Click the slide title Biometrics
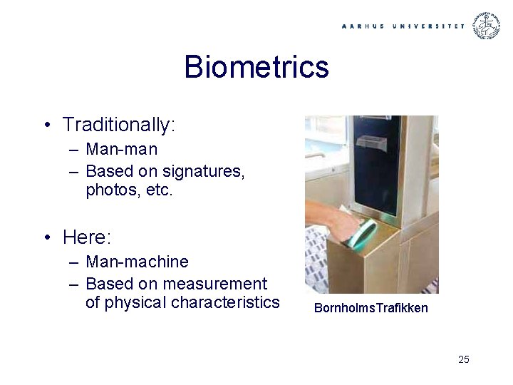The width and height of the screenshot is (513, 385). pyautogui.click(x=256, y=67)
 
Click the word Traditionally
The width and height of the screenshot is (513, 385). pyautogui.click(x=118, y=125)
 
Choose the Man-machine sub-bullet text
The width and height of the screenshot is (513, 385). pyautogui.click(x=137, y=262)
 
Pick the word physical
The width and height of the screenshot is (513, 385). pyautogui.click(x=139, y=302)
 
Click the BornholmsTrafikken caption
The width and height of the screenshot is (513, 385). pyautogui.click(x=371, y=308)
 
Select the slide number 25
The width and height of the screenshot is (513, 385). pyautogui.click(x=464, y=359)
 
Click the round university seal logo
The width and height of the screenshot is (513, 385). pyautogui.click(x=488, y=26)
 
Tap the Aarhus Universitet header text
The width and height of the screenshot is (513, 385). pyautogui.click(x=403, y=26)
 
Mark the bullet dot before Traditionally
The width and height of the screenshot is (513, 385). pyautogui.click(x=46, y=125)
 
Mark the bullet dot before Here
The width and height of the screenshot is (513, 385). pyautogui.click(x=46, y=237)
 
